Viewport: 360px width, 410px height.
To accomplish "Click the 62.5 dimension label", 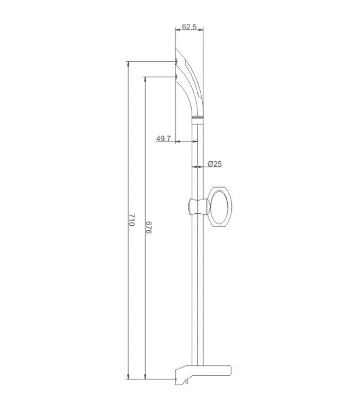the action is pos(189,27).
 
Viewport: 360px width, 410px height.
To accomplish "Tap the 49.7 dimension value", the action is pos(163,138).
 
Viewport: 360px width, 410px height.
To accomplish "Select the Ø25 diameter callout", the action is pos(215,164).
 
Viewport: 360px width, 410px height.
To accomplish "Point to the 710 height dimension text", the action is pos(132,220).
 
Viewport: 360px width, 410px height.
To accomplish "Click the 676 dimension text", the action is pos(149,227).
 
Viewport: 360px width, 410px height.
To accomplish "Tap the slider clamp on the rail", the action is pos(198,206).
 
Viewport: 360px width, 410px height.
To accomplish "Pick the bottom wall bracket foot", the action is pos(203,374).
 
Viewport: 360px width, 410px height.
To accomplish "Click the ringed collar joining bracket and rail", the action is pos(198,117).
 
